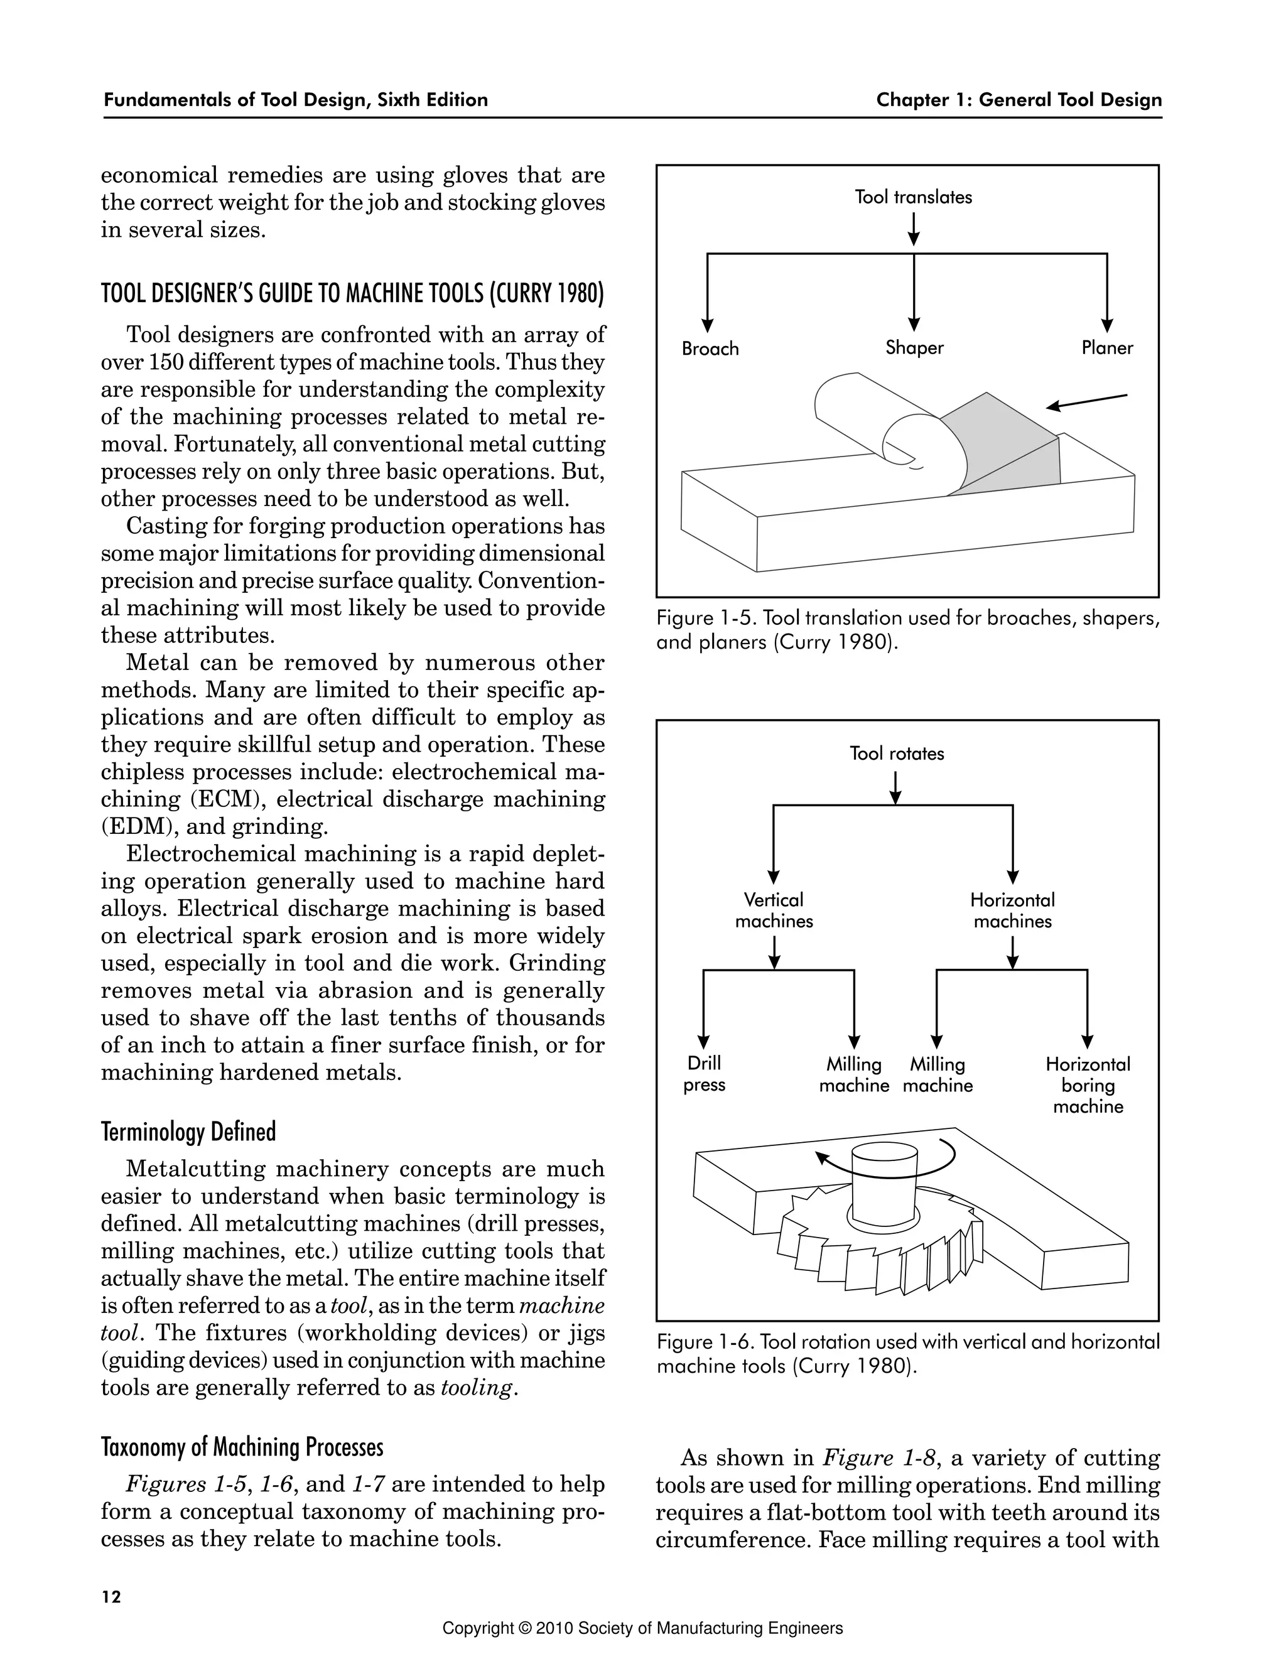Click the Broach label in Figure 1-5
[x=710, y=349]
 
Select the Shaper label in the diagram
[x=914, y=348]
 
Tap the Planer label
[x=1107, y=348]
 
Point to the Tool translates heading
[x=914, y=197]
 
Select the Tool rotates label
[x=897, y=754]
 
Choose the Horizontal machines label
[x=1012, y=910]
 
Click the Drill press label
[x=704, y=1074]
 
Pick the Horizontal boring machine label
[x=1088, y=1085]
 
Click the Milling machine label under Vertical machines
[x=854, y=1075]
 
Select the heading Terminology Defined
[x=188, y=1132]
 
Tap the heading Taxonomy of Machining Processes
[x=242, y=1446]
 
